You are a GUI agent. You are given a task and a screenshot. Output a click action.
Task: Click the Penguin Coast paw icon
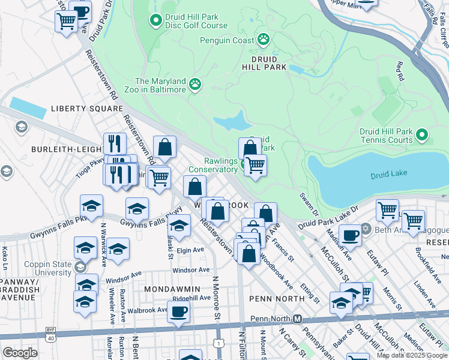(x=263, y=40)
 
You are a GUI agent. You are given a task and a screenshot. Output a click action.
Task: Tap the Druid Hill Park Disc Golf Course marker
(x=156, y=21)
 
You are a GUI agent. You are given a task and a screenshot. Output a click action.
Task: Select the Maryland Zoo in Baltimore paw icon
(x=194, y=85)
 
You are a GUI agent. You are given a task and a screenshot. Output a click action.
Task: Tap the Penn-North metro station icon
(x=297, y=318)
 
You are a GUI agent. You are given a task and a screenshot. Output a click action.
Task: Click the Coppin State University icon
(x=79, y=266)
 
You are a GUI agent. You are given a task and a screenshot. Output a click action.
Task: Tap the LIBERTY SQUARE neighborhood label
(x=78, y=109)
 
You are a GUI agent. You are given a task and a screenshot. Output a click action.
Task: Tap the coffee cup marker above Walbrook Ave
(x=178, y=311)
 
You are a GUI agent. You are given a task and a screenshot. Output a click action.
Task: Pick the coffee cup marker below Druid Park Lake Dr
(x=350, y=234)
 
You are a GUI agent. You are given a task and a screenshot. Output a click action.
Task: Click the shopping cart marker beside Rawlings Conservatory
(x=255, y=164)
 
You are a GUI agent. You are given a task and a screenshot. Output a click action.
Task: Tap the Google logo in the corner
(x=20, y=353)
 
